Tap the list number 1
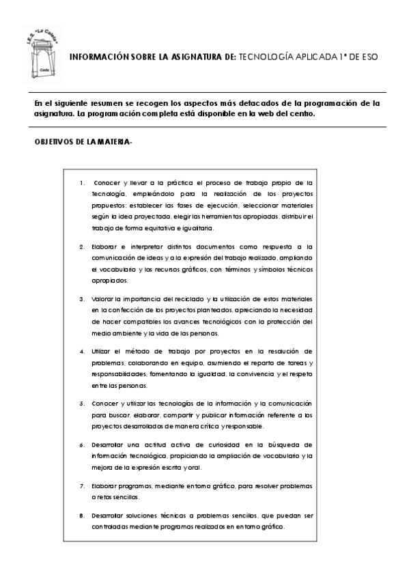(x=82, y=183)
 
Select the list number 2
(x=82, y=246)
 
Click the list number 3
(x=82, y=299)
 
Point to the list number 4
(x=82, y=352)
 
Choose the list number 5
(x=82, y=404)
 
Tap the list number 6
(x=82, y=444)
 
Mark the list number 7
(x=82, y=485)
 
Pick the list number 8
(x=82, y=516)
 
